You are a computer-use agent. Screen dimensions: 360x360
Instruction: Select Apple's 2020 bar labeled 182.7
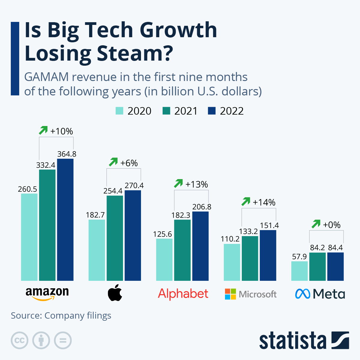(x=97, y=250)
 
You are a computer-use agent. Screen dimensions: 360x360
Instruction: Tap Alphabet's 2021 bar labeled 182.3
(x=182, y=250)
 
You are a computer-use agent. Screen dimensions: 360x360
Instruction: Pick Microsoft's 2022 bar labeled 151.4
(x=268, y=255)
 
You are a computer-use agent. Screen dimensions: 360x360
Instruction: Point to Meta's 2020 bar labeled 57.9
(x=299, y=271)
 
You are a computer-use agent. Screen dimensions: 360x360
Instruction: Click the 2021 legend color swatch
(x=166, y=111)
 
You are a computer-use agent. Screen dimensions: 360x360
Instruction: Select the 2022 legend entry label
(x=232, y=111)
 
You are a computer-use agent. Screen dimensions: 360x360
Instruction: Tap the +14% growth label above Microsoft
(x=264, y=202)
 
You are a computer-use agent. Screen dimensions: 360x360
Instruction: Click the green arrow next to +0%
(x=316, y=224)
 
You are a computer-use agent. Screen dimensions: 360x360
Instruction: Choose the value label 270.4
(x=134, y=186)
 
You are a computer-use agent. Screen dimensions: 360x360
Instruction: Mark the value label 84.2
(x=317, y=248)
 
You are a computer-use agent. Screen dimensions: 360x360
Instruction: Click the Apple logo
(x=115, y=292)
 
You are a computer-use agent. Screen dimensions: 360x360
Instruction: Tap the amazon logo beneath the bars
(x=47, y=294)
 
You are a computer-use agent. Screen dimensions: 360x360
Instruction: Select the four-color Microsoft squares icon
(x=230, y=294)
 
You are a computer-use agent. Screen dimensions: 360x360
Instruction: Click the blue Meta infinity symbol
(x=302, y=294)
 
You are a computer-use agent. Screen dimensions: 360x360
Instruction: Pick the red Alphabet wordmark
(x=183, y=294)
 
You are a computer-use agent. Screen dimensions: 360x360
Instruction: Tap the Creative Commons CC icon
(x=19, y=340)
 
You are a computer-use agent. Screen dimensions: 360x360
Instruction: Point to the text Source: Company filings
(x=61, y=316)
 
